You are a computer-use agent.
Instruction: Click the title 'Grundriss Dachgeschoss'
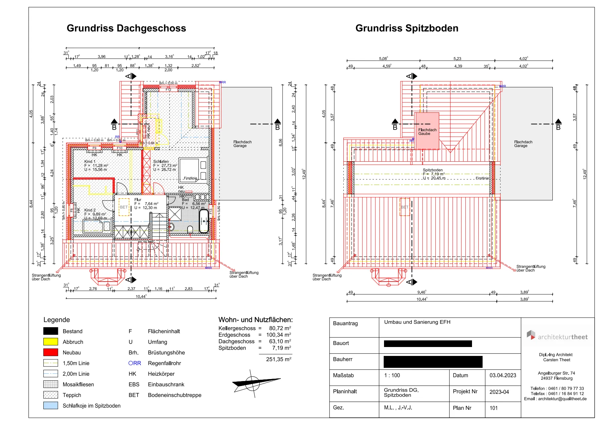click(126, 28)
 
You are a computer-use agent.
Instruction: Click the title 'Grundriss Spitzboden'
click(407, 28)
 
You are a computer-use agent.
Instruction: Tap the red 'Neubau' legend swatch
click(51, 352)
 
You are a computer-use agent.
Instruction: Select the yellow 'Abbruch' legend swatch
click(51, 342)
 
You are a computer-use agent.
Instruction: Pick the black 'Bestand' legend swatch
click(51, 331)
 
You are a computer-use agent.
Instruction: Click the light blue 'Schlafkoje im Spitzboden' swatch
click(51, 406)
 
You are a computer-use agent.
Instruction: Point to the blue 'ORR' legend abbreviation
click(135, 363)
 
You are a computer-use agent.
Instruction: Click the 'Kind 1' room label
click(90, 162)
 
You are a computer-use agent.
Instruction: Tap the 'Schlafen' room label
click(161, 162)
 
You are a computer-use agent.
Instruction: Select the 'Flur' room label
click(138, 200)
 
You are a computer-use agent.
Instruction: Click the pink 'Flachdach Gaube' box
click(427, 131)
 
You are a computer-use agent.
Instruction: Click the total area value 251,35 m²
click(279, 359)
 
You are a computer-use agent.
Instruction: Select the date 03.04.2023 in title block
click(503, 375)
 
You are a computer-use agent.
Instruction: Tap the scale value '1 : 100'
click(392, 375)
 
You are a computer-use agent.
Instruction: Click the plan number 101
click(494, 408)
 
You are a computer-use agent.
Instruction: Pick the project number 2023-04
click(499, 392)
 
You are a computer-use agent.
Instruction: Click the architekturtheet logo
click(557, 336)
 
